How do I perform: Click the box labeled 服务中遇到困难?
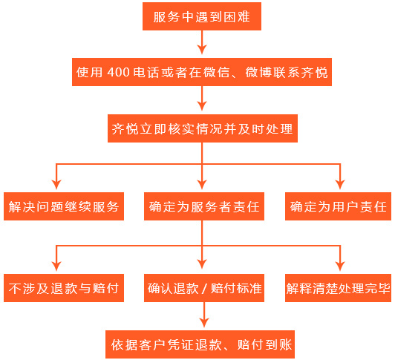point(202,16)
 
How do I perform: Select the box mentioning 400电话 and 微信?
point(202,72)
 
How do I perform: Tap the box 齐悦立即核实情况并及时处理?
point(203,128)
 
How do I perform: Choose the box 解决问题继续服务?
point(64,206)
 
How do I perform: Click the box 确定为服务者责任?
point(204,206)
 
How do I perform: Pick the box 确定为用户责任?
point(338,206)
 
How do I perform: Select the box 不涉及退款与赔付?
point(64,288)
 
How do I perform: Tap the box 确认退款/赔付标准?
point(204,288)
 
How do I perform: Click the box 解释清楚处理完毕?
point(338,288)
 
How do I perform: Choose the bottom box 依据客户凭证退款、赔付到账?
point(200,344)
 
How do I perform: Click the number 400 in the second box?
point(118,72)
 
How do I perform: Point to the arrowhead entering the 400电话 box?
point(202,50)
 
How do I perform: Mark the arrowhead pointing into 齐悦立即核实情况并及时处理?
point(202,106)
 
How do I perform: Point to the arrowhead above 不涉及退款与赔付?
point(56,266)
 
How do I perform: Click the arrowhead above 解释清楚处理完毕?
point(340,266)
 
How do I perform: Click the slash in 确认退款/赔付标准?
point(204,289)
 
